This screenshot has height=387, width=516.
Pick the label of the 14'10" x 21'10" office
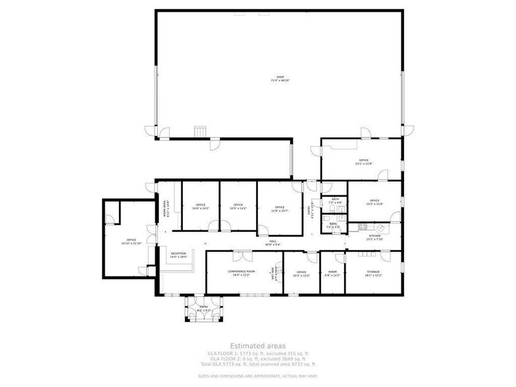pyautogui.click(x=132, y=241)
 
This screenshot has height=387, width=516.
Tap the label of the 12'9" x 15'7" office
pyautogui.click(x=280, y=209)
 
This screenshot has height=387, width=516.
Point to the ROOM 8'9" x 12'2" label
pyautogui.click(x=332, y=272)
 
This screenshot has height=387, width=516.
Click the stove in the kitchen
pyautogui.click(x=363, y=227)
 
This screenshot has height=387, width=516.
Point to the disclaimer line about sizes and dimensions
pyautogui.click(x=258, y=376)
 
